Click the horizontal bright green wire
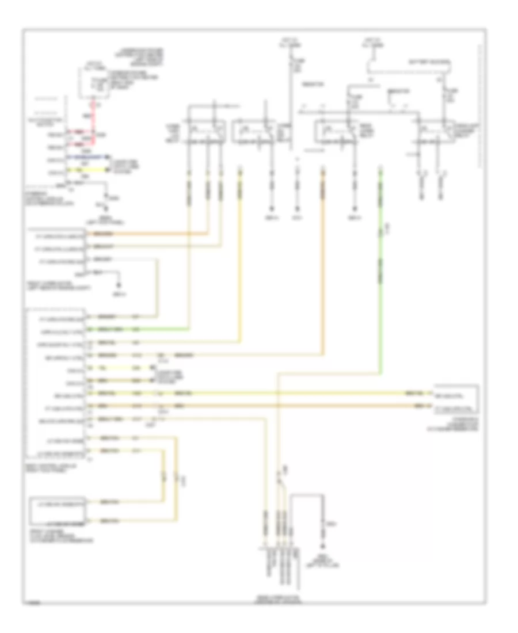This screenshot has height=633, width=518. [138, 330]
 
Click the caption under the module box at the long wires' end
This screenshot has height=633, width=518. [455, 427]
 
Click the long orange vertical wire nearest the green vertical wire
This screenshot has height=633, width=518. [322, 259]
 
